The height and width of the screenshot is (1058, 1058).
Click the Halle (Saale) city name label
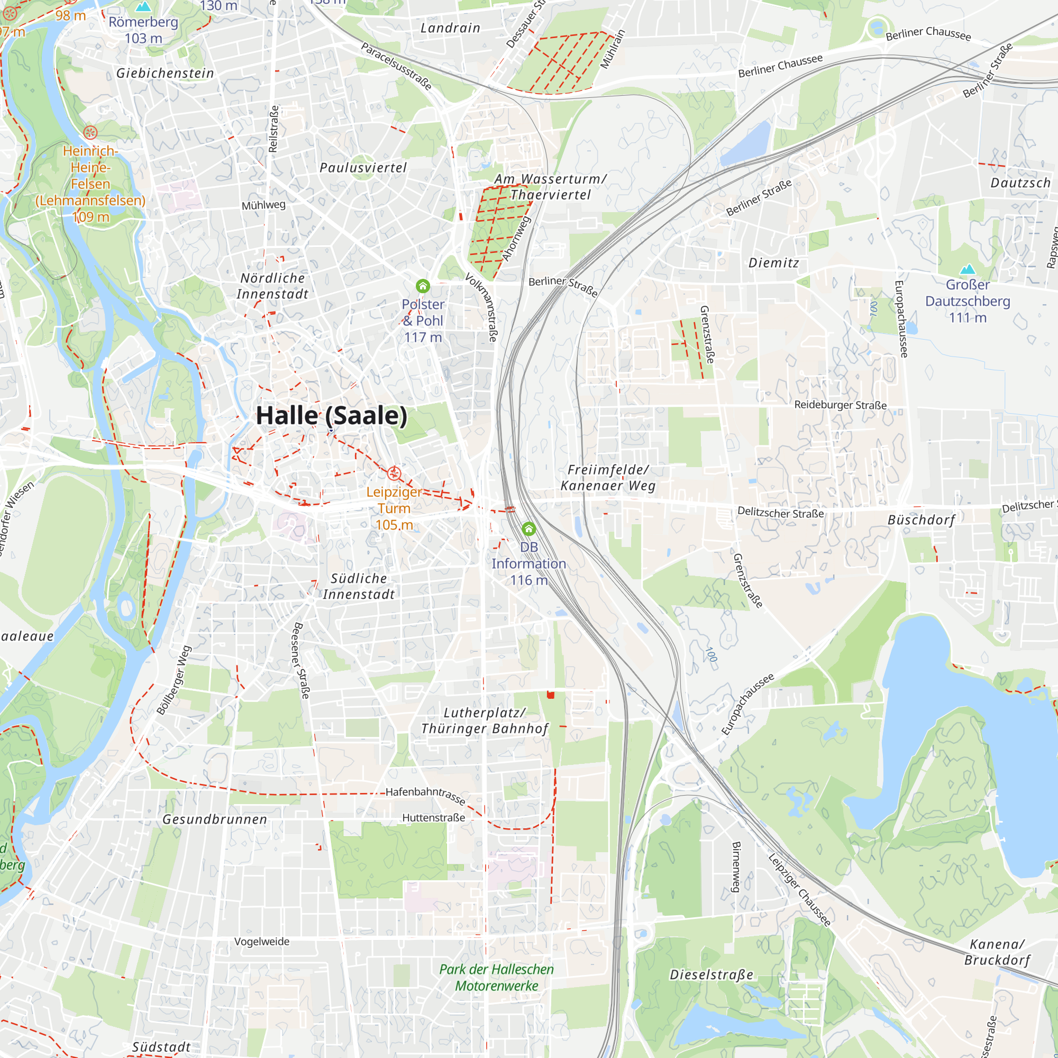coord(332,416)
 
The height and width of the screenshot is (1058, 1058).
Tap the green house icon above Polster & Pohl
coord(423,286)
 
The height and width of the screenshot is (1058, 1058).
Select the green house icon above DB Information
coord(528,528)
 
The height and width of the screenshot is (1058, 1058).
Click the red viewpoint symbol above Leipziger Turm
coord(394,473)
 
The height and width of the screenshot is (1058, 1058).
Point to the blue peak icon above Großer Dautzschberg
coord(968,269)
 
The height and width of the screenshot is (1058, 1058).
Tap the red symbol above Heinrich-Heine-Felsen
coord(90,132)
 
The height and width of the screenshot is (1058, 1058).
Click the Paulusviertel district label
coord(363,168)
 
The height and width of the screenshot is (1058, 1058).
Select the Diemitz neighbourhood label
coord(774,263)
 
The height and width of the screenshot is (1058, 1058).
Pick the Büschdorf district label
coord(921,519)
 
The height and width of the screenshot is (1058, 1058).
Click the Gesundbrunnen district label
coord(215,819)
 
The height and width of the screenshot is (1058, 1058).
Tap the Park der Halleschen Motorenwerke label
coord(496,978)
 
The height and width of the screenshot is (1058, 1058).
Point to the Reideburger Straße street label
coord(840,405)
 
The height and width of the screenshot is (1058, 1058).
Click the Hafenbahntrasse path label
coord(425,795)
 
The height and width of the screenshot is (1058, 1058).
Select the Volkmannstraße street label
coord(481,307)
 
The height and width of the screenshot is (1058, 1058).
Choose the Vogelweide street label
coord(262,942)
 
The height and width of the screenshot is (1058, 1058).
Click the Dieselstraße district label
coord(712,975)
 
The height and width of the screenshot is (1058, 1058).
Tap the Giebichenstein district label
coord(165,73)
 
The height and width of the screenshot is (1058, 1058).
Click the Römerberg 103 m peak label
coord(143,30)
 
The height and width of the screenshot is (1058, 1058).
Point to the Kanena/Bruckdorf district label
coord(997,952)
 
